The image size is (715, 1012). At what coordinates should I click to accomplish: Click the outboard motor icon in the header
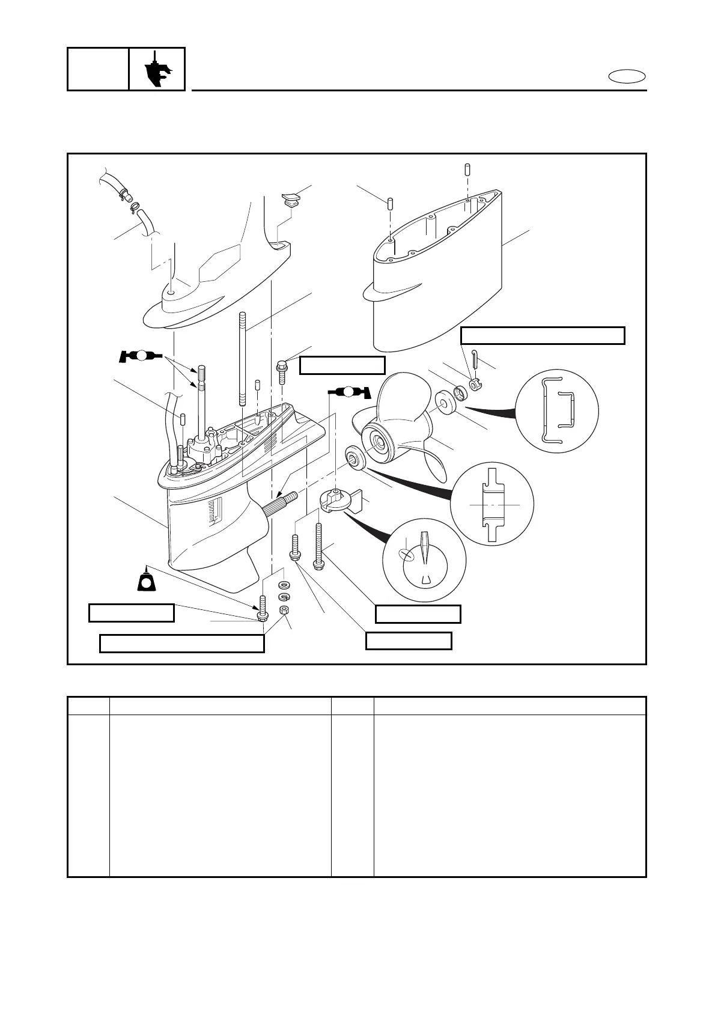pos(157,70)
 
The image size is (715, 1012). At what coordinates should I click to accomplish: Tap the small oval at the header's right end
pos(627,77)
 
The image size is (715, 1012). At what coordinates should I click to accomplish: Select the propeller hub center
pos(379,443)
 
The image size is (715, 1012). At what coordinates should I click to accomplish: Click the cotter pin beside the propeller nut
pos(475,358)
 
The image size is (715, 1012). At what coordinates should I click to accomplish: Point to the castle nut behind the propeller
pos(476,383)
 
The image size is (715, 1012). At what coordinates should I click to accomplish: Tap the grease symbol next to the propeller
pos(350,392)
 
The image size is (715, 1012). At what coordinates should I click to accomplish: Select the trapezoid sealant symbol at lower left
pos(146,581)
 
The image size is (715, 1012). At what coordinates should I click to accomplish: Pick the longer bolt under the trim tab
pos(318,544)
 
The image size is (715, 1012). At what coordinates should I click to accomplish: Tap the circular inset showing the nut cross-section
pos(557,409)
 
